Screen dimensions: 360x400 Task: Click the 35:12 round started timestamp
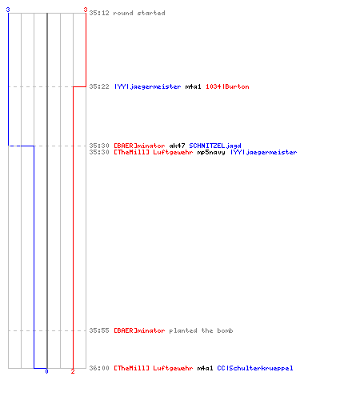click(99, 13)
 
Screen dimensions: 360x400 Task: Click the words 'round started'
click(139, 13)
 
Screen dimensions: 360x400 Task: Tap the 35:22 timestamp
click(99, 86)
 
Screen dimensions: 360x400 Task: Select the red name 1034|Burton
click(227, 86)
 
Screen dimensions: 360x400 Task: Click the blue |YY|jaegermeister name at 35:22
click(147, 86)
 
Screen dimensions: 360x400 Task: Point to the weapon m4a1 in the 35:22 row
click(193, 86)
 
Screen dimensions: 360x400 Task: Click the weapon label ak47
click(177, 146)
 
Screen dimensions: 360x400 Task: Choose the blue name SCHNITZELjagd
click(215, 146)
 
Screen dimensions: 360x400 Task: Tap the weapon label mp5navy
click(211, 152)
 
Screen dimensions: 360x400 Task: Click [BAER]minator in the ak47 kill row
click(139, 146)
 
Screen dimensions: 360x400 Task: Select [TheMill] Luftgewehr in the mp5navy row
click(154, 152)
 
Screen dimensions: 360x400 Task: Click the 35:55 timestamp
click(99, 330)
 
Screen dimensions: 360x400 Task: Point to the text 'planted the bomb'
click(202, 330)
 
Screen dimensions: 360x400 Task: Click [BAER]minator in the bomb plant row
click(139, 330)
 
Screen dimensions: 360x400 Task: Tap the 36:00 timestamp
click(99, 368)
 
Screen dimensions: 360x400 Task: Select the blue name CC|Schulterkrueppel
click(255, 368)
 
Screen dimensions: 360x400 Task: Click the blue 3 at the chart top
click(8, 10)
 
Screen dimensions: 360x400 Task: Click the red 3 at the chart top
click(86, 10)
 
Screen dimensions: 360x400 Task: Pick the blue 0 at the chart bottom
click(46, 371)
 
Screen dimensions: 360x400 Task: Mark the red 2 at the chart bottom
click(73, 371)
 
